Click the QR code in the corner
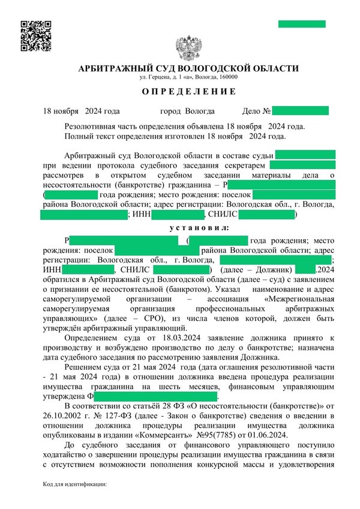click(35, 35)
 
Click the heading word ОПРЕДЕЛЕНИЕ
click(189, 92)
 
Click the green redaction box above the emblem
click(301, 24)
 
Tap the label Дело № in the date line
click(256, 111)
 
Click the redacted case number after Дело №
click(301, 111)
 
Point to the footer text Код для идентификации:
click(74, 484)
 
